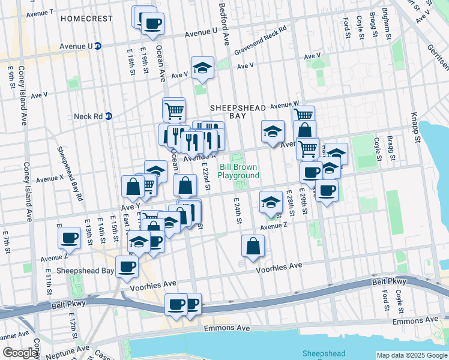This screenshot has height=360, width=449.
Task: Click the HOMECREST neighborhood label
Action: (x=86, y=19)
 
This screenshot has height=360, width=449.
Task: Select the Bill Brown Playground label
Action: (x=239, y=170)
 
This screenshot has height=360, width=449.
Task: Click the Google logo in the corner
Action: (x=20, y=353)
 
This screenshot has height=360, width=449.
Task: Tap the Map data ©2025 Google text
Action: (x=411, y=355)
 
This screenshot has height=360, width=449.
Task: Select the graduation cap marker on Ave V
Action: (x=203, y=68)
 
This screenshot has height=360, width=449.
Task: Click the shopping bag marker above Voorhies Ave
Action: (x=253, y=245)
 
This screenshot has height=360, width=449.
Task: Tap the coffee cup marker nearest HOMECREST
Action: (x=152, y=24)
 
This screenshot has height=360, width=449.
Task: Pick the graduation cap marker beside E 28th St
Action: (x=271, y=202)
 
